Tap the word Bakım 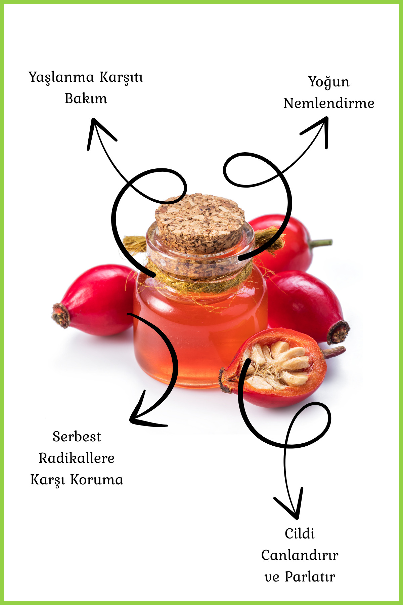(86, 99)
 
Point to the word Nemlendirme (329, 104)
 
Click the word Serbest (77, 437)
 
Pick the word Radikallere (77, 458)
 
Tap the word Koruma (97, 480)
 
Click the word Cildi (300, 534)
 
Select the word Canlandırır (300, 555)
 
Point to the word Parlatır (310, 577)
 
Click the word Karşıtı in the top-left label (121, 78)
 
